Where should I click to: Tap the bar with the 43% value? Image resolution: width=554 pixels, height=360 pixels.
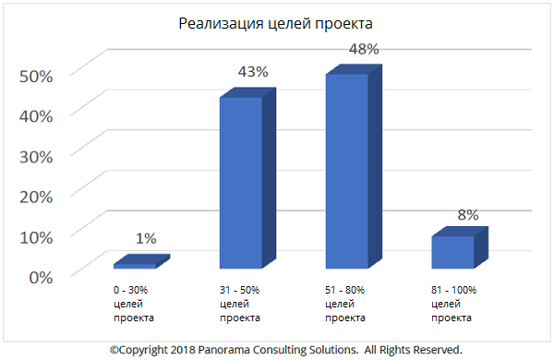240,185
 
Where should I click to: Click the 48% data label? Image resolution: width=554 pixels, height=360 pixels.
363,48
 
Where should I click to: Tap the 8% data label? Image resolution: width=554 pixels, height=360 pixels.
467,214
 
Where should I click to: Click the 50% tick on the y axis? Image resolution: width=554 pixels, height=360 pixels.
37,75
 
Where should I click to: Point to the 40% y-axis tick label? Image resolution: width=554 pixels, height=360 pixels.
37,114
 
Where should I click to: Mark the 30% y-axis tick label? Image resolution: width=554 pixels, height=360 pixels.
37,155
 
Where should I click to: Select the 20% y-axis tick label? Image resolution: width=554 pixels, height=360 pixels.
37,195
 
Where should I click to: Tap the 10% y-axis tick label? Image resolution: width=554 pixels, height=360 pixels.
37,235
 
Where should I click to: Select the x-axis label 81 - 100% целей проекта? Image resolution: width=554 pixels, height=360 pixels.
453,304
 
